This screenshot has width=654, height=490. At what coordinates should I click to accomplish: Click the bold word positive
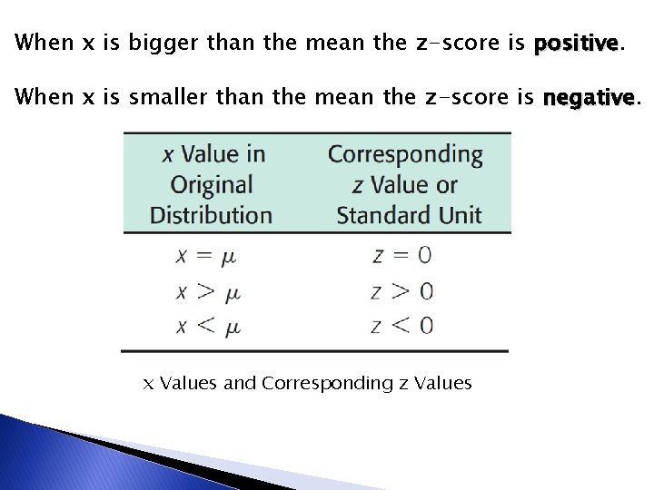(577, 43)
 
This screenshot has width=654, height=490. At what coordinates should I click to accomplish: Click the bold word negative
(588, 96)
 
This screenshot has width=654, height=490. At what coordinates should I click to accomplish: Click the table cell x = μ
(205, 256)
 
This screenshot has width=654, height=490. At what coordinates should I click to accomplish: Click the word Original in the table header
(211, 185)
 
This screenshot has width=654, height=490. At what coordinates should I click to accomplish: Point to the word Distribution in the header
(211, 215)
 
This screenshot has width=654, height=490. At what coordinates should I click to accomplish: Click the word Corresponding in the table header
(405, 154)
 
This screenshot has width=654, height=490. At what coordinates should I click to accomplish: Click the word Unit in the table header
(460, 215)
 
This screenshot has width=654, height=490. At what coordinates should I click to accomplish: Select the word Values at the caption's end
(441, 383)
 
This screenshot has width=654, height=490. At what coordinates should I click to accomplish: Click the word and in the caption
(240, 383)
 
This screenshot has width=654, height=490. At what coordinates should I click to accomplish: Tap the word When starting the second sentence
(45, 96)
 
